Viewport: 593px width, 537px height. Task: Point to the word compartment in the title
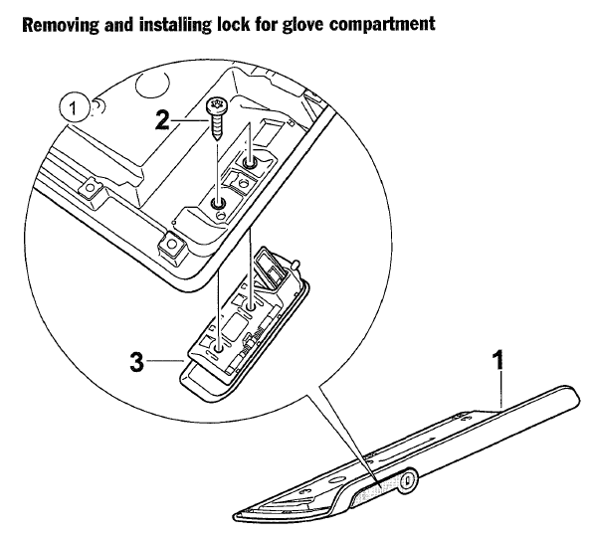[382, 26]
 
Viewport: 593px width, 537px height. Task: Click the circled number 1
[74, 108]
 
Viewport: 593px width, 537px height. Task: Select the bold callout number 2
[162, 121]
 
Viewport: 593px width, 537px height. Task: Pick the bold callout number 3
[137, 362]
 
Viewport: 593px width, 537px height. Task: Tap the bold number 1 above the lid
[499, 360]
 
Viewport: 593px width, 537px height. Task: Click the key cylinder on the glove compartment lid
[407, 481]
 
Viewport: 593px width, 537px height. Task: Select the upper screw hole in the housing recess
[249, 164]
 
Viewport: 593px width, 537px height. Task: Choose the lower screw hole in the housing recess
[218, 204]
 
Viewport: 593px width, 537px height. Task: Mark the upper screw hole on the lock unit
[250, 306]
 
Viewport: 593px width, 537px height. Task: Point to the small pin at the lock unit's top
[296, 264]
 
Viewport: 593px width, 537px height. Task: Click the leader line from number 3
[165, 361]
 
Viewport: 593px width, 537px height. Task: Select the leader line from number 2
[190, 121]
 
